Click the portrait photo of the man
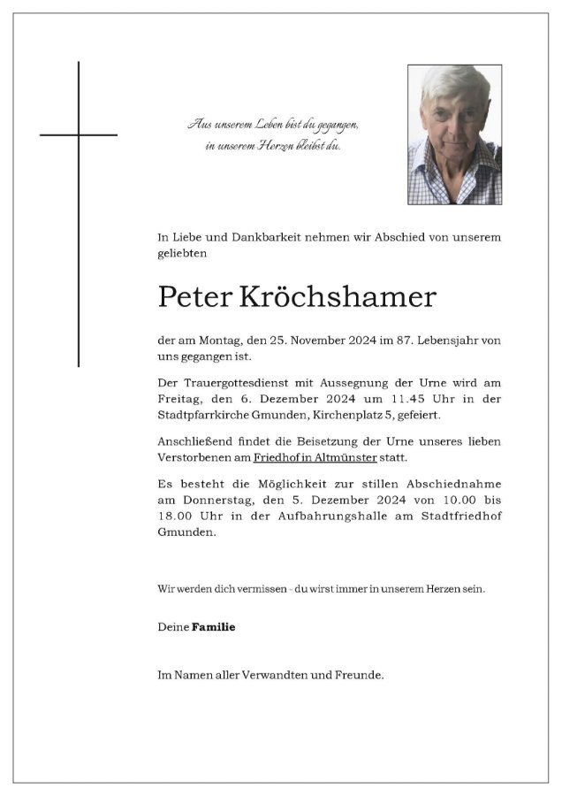[454, 134]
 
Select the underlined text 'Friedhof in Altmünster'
[315, 457]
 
